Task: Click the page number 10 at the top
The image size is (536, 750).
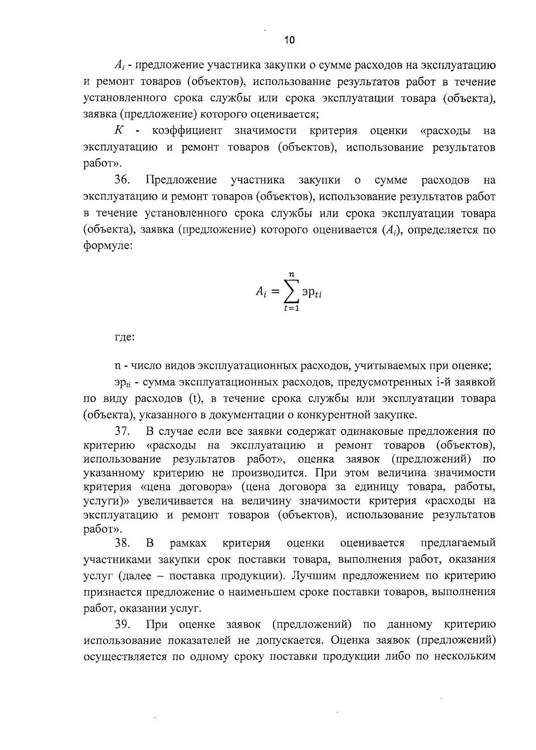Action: click(289, 41)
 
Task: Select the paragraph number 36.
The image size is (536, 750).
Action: click(122, 180)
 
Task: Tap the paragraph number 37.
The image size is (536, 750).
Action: click(122, 432)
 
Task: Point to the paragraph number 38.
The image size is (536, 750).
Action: click(122, 543)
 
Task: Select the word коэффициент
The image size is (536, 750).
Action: click(187, 131)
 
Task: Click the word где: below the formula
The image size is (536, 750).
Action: click(125, 337)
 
